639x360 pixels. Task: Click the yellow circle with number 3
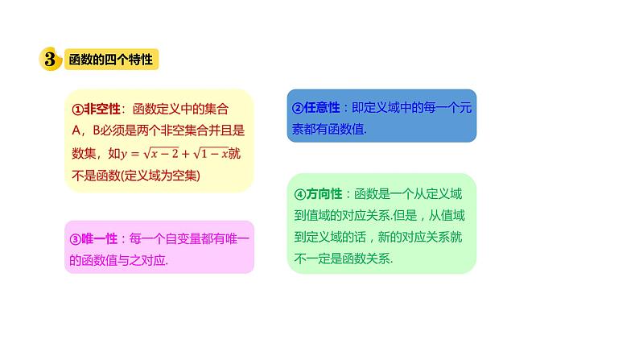click(x=50, y=60)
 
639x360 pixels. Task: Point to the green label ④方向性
click(x=315, y=194)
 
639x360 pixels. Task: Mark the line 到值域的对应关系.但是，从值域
click(x=380, y=216)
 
